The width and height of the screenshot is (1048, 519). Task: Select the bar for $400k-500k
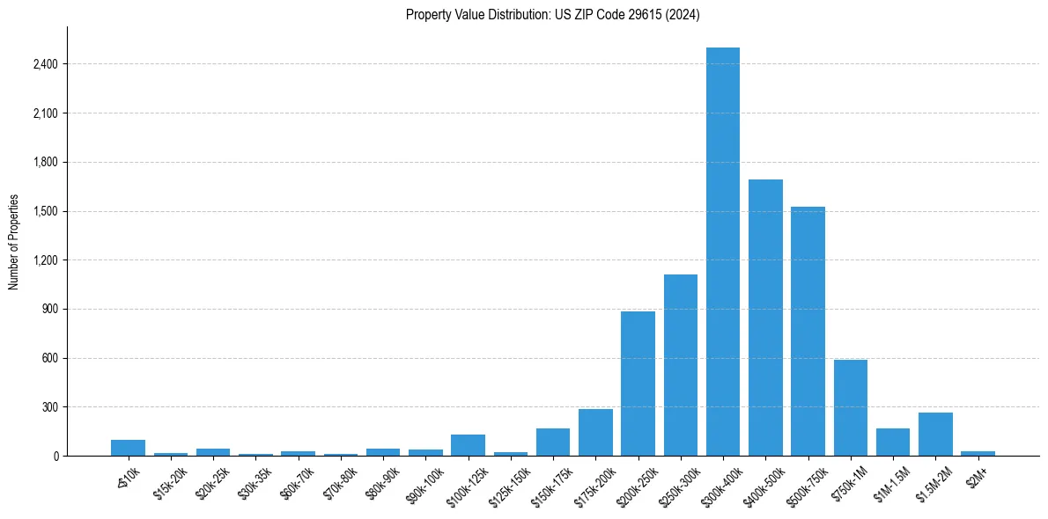[x=765, y=318]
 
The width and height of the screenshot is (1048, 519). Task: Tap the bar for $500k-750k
[x=808, y=331]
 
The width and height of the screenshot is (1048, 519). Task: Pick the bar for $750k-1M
[x=850, y=408]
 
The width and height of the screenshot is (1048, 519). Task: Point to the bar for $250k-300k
[x=680, y=365]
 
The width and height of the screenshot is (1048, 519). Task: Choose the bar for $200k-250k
[x=638, y=384]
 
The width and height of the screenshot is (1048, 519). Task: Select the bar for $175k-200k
[x=595, y=433]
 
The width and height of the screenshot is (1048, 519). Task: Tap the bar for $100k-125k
[x=468, y=445]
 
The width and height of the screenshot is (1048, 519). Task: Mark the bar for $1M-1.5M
[x=893, y=442]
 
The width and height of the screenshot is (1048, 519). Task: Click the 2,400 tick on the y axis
[x=45, y=64]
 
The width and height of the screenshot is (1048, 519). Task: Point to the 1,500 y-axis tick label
[x=45, y=211]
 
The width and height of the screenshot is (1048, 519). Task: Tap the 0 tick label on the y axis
[x=55, y=457]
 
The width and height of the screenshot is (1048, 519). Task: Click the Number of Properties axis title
[x=13, y=241]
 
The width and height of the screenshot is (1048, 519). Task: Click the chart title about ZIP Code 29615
[x=553, y=14]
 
